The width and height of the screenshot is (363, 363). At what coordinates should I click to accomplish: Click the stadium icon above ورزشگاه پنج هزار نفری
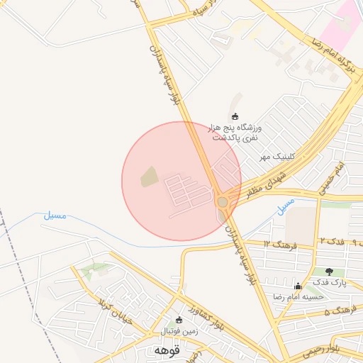tap(235, 116)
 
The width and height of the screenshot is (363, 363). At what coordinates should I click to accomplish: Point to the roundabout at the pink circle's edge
tap(223, 202)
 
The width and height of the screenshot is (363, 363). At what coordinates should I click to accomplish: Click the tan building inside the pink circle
tap(149, 177)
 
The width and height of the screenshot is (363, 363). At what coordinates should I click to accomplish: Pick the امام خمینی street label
tap(331, 177)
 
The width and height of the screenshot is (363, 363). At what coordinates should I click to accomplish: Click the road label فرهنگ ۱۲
tap(278, 244)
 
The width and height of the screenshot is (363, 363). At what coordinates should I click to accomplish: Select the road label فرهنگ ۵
tap(338, 311)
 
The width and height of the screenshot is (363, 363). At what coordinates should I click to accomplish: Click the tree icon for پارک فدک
tap(329, 272)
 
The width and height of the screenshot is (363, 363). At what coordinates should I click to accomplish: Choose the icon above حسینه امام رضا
tap(298, 286)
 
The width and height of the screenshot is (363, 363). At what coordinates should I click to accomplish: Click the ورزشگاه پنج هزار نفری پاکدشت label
tap(235, 131)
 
